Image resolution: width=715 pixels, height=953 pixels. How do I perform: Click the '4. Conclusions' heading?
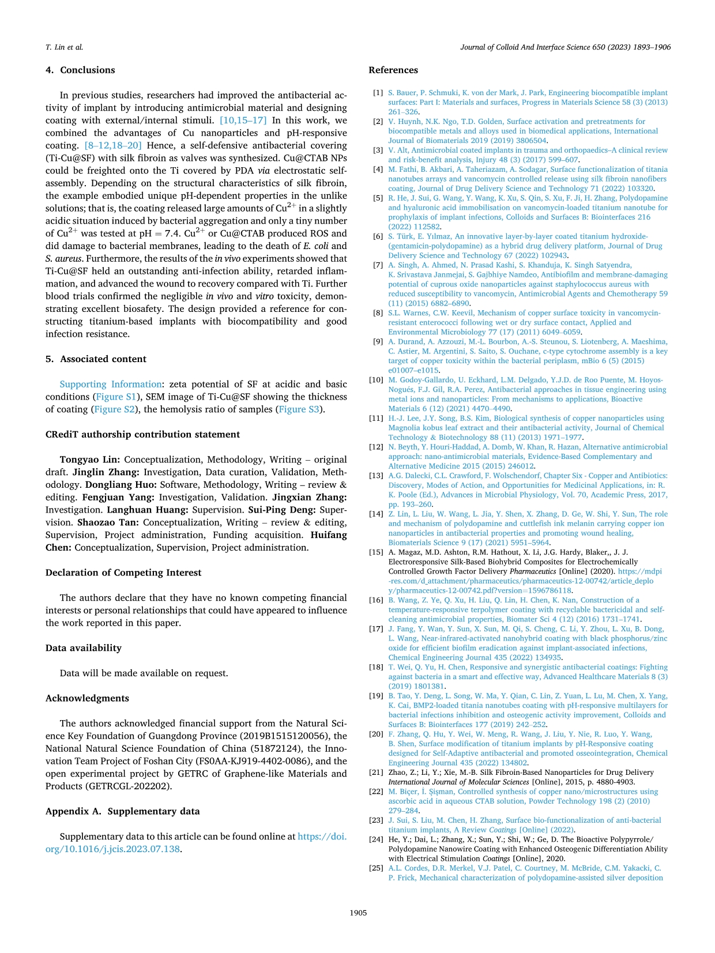click(x=80, y=70)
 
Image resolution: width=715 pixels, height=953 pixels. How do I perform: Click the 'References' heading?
click(x=393, y=70)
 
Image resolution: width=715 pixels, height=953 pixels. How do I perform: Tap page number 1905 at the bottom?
click(x=358, y=913)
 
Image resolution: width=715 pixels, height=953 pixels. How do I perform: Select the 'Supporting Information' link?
click(x=111, y=385)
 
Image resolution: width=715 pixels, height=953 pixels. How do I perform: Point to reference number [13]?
click(x=376, y=476)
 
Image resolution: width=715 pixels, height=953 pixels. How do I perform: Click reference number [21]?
click(x=376, y=773)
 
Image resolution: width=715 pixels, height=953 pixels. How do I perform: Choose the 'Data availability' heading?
click(x=84, y=648)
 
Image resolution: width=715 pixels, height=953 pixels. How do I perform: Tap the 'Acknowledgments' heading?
click(x=87, y=698)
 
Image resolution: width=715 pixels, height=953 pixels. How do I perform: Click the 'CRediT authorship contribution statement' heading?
click(x=142, y=435)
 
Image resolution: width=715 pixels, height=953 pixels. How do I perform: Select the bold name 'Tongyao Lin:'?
click(x=90, y=460)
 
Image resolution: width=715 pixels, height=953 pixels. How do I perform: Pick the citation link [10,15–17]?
click(x=243, y=120)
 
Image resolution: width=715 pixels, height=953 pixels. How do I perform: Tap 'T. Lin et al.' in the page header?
click(x=64, y=47)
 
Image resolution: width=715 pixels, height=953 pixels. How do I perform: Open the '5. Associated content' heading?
click(x=96, y=359)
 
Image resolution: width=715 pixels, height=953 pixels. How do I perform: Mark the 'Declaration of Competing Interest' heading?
click(x=123, y=573)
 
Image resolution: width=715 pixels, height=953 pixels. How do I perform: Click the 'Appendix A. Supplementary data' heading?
click(x=122, y=811)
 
